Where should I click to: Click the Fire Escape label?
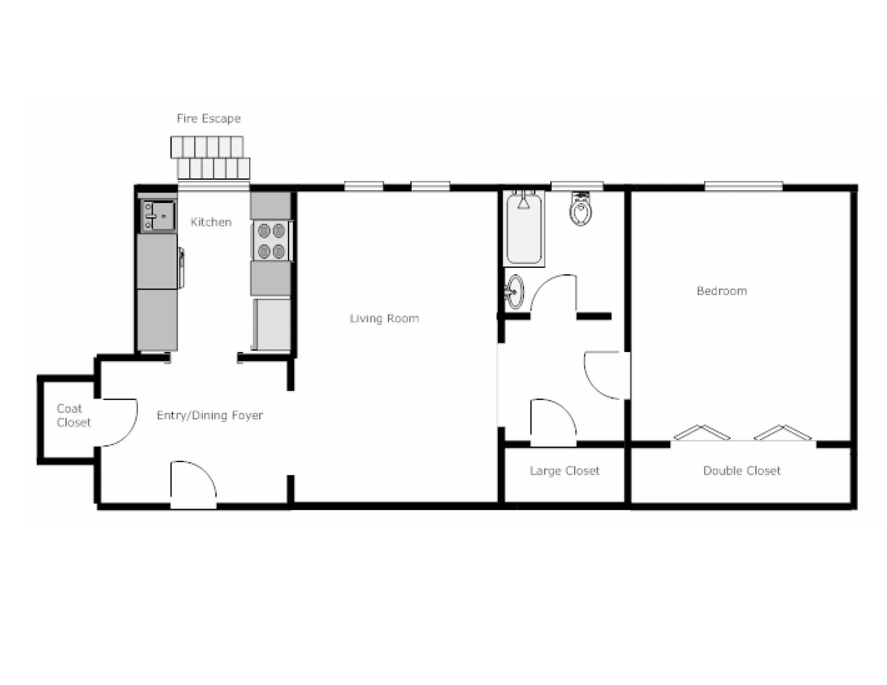(209, 118)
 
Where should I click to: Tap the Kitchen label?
(211, 222)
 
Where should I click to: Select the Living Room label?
(384, 318)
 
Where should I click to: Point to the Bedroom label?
(722, 291)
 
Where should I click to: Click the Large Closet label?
(564, 471)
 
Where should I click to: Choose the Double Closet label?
(741, 471)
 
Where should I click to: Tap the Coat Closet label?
(73, 415)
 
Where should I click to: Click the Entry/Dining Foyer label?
(210, 415)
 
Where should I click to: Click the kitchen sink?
(158, 216)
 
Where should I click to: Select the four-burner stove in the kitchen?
(271, 241)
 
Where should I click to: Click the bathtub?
(524, 229)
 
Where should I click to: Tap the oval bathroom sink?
(515, 291)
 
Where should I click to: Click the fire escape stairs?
(210, 158)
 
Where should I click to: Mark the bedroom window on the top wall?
(743, 186)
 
